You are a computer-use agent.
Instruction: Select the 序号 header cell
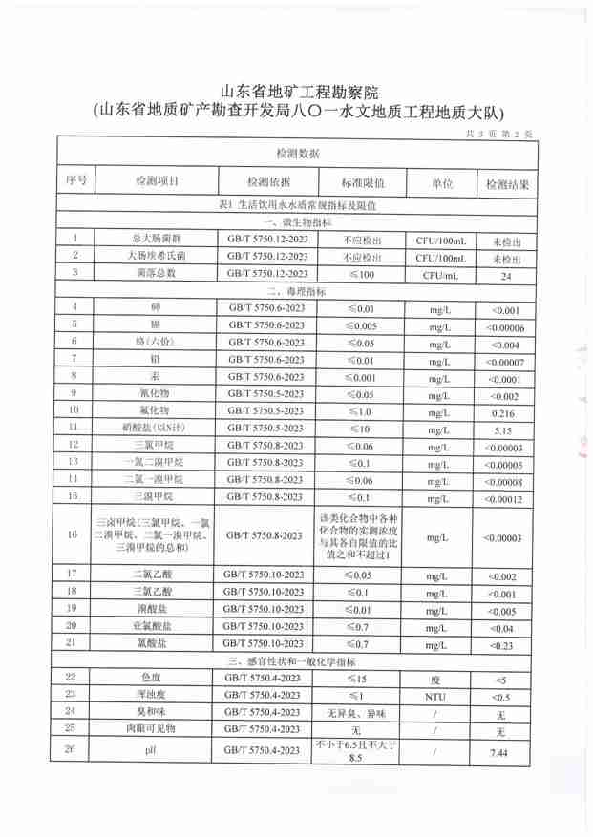[x=76, y=180]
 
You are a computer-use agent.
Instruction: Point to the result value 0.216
[x=503, y=411]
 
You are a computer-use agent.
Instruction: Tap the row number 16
[x=74, y=536]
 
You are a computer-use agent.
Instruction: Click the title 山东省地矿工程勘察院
[x=300, y=93]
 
